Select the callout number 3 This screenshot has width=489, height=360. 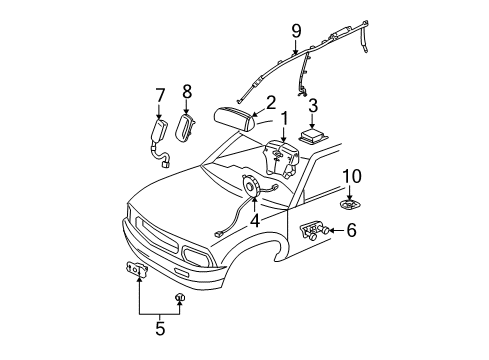(x=312, y=105)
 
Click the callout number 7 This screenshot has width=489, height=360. (x=158, y=95)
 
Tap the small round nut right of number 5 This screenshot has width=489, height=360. (x=180, y=298)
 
